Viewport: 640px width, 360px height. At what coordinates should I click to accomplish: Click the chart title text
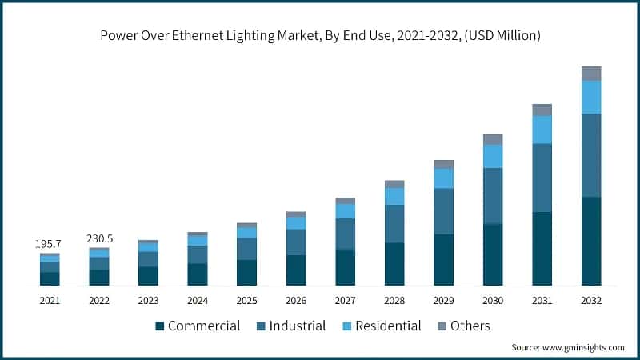point(320,35)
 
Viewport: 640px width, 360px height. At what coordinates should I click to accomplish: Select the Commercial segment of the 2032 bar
point(591,241)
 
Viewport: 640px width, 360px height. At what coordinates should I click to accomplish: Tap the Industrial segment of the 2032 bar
point(591,155)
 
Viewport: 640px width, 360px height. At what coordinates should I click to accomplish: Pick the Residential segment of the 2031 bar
point(542,130)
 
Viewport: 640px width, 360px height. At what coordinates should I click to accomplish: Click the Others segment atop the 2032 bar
point(591,74)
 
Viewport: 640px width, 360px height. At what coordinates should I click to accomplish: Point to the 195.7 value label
point(50,243)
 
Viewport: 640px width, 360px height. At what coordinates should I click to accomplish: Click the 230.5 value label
point(99,238)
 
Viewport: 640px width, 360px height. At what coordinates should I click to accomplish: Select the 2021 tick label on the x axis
point(50,301)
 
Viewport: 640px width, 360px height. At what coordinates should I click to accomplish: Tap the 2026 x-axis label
point(296,301)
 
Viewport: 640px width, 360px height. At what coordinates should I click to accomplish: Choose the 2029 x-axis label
point(443,301)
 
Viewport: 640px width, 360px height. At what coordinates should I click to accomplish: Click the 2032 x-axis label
point(591,301)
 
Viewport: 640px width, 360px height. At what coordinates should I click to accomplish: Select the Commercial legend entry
point(198,326)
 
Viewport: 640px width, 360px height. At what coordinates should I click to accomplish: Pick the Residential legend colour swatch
point(350,326)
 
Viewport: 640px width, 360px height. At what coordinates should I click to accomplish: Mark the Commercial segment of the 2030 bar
point(493,255)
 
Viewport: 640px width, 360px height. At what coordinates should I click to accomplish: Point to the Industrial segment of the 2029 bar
point(443,211)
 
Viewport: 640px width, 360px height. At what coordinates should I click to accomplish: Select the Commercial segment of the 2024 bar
point(198,274)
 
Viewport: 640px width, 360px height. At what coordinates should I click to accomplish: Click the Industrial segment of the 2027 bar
point(345,234)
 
